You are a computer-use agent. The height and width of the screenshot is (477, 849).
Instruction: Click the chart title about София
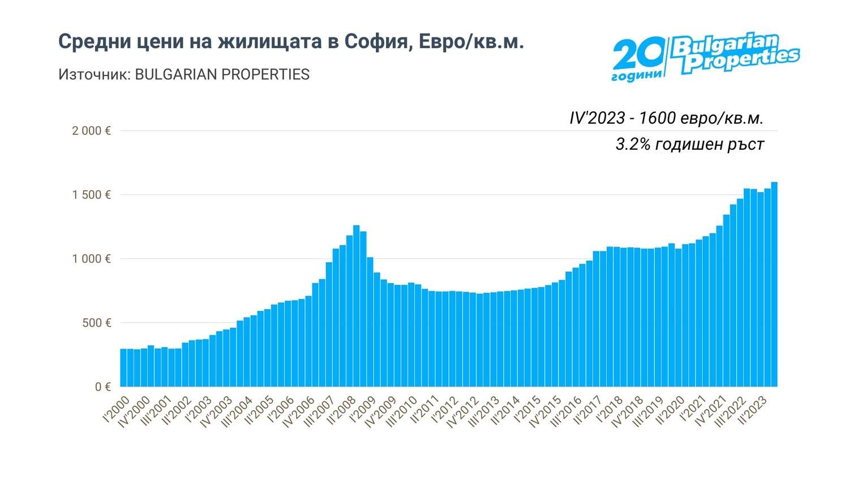click(291, 42)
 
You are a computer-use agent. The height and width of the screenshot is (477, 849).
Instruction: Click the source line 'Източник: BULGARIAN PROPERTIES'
click(184, 75)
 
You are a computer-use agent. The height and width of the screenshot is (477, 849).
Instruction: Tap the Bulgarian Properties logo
click(705, 57)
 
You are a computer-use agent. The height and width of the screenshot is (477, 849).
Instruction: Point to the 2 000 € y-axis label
click(91, 131)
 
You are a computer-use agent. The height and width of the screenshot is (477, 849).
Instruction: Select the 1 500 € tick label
click(91, 195)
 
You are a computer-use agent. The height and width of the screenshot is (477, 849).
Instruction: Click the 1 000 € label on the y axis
click(91, 259)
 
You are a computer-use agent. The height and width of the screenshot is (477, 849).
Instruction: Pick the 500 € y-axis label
click(95, 323)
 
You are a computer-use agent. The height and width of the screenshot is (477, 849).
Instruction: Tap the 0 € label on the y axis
click(103, 387)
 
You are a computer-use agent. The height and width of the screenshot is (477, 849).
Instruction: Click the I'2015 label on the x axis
click(528, 409)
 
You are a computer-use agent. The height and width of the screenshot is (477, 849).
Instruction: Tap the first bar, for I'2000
click(123, 368)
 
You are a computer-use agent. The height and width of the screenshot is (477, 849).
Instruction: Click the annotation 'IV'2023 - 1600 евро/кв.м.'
click(666, 118)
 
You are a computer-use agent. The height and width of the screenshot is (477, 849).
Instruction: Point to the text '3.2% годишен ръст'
click(689, 145)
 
